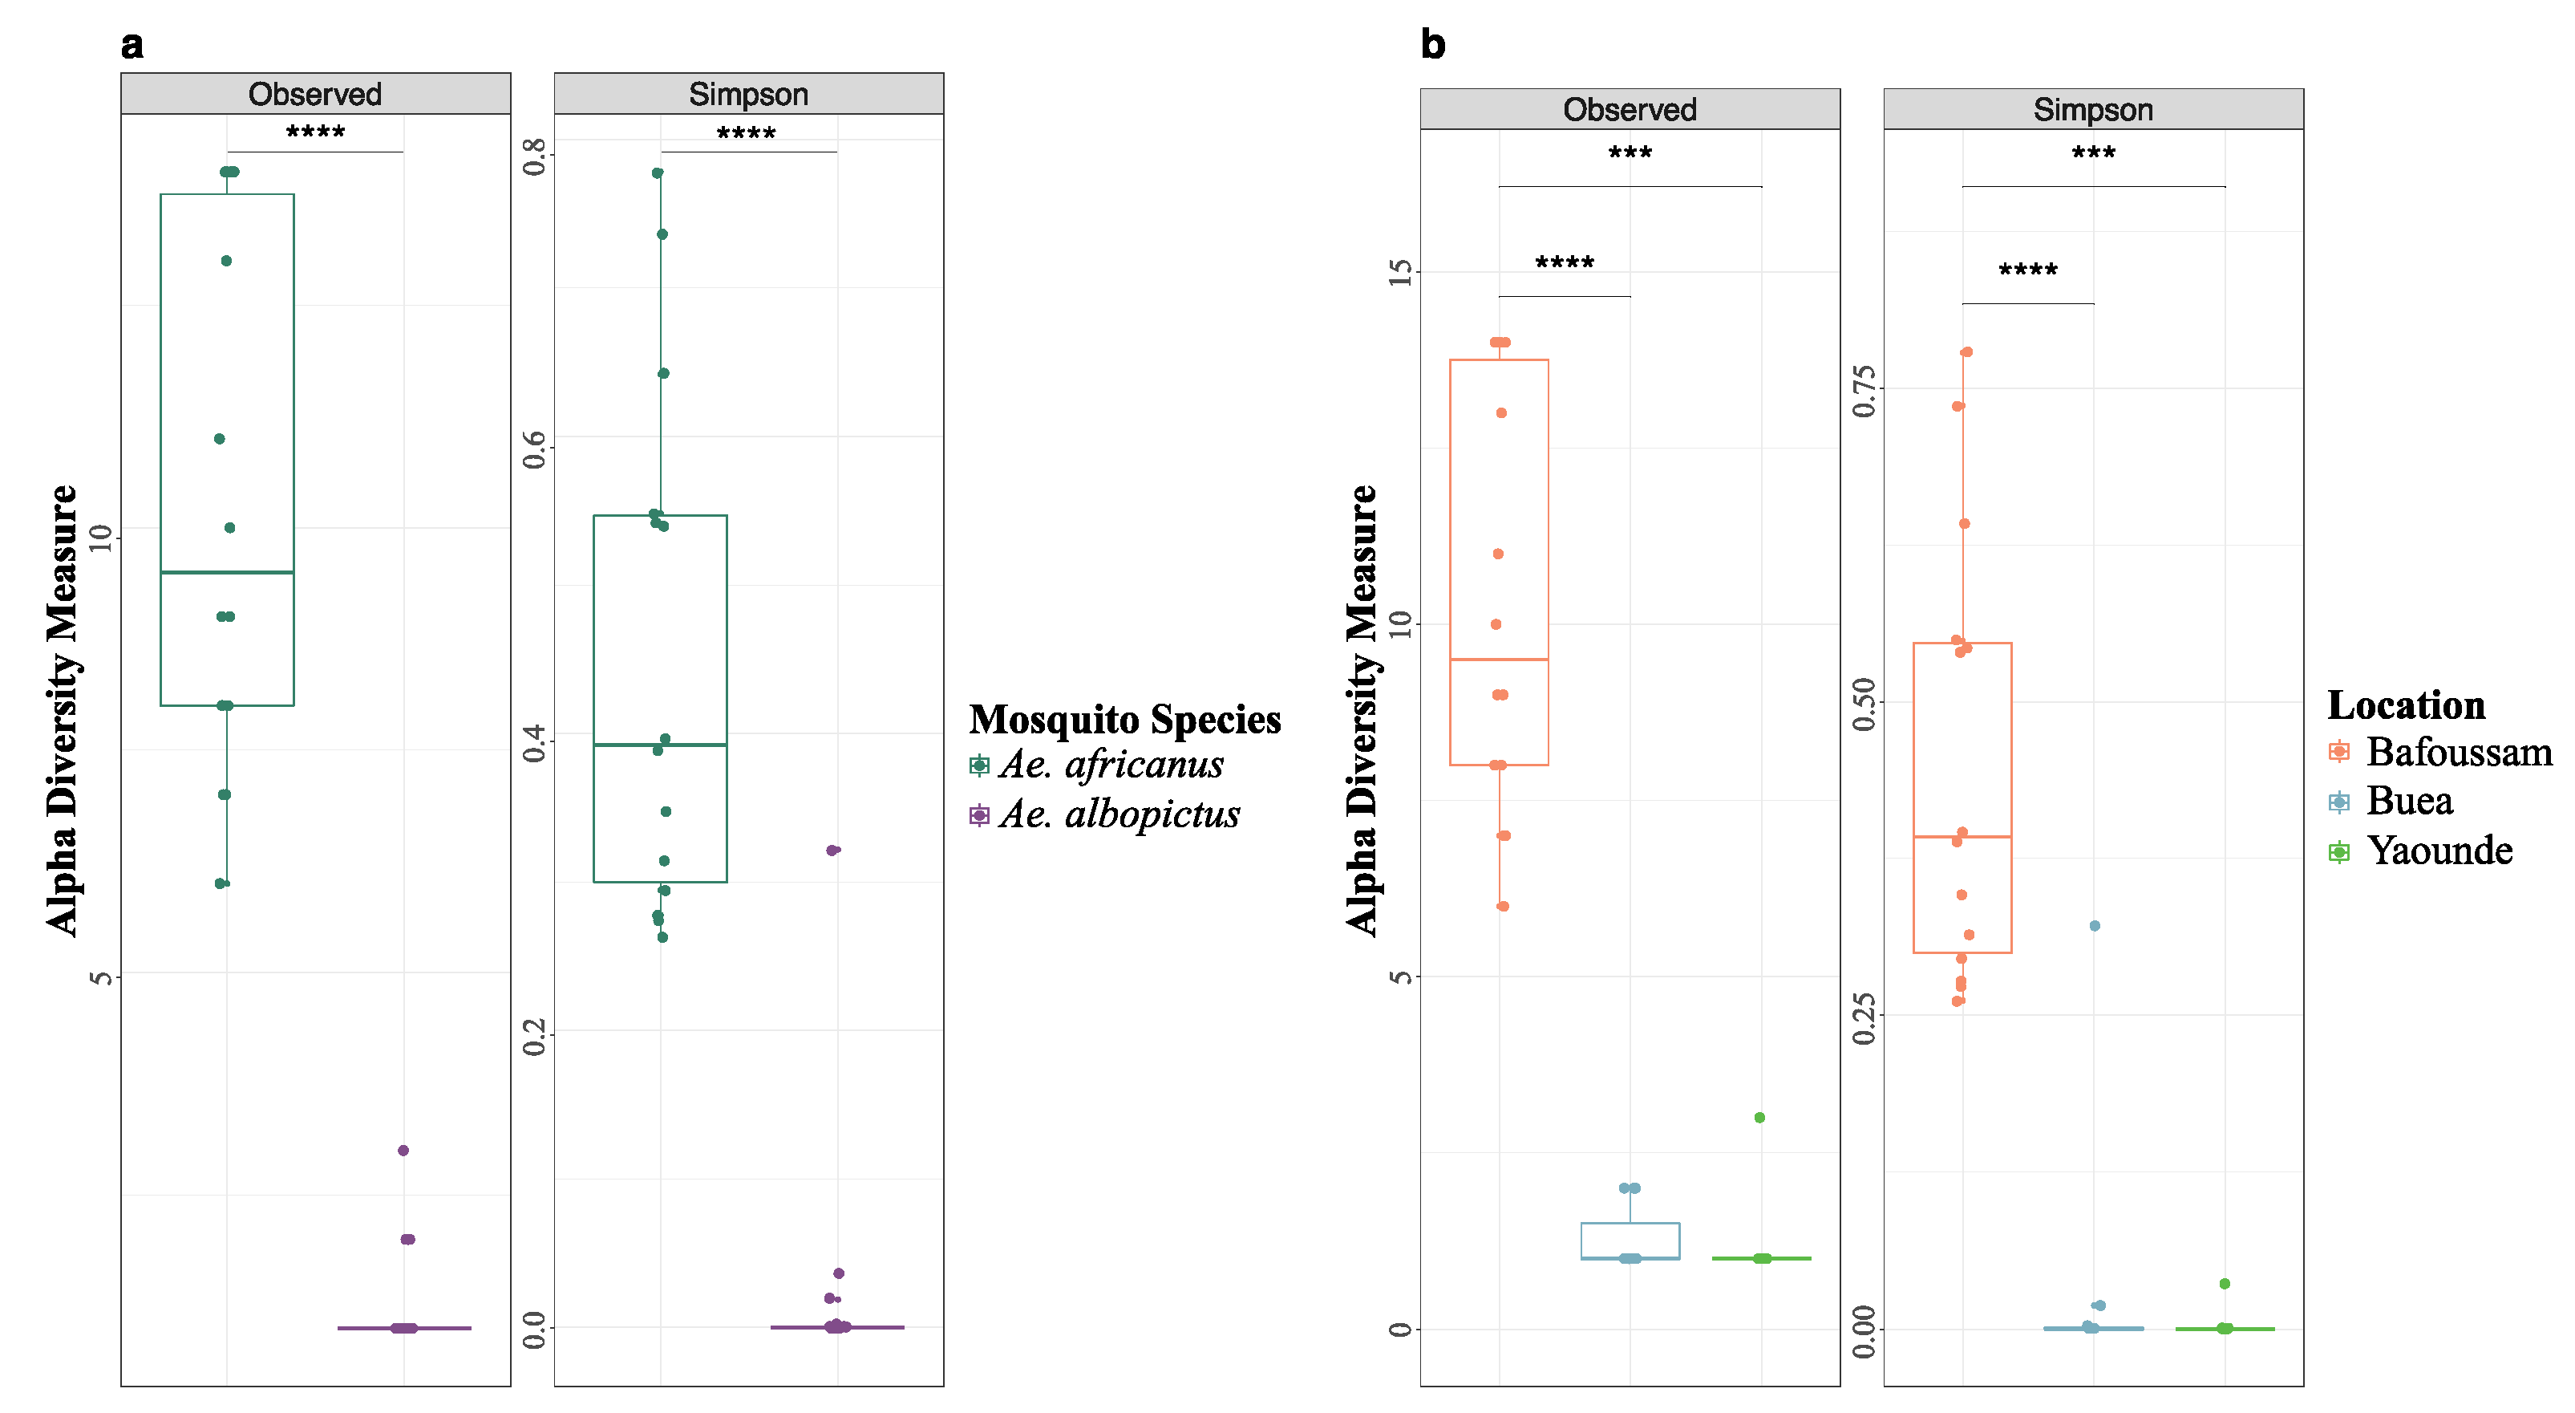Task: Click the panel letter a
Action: [x=132, y=45]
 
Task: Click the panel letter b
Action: [x=1432, y=45]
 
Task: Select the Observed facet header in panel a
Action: [x=315, y=94]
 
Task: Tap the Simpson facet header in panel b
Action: [x=2093, y=109]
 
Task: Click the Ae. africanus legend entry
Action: [x=1110, y=765]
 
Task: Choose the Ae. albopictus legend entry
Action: [x=1118, y=815]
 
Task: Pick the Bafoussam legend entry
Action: [x=2457, y=752]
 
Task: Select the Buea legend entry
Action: [x=2408, y=801]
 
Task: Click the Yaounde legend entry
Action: [x=2438, y=851]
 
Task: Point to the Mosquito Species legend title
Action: [x=1124, y=719]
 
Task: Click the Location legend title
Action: [x=2405, y=705]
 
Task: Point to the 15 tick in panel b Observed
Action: [x=1402, y=272]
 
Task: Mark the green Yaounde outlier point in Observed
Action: [x=1759, y=1117]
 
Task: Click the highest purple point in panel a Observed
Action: [x=403, y=1150]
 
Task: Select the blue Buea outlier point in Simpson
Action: [x=2094, y=926]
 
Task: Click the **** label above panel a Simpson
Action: [x=746, y=134]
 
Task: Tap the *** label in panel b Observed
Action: [x=1630, y=154]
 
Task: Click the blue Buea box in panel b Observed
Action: [x=1630, y=1240]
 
